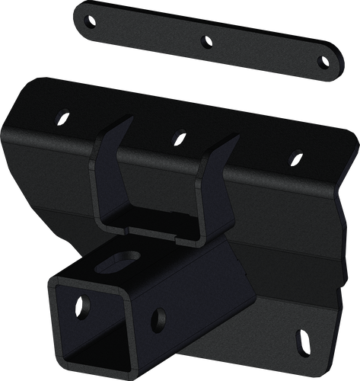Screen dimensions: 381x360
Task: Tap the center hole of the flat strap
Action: pos(204,42)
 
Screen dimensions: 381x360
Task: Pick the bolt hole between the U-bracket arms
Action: pos(177,136)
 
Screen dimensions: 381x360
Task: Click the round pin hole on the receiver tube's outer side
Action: pos(158,315)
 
